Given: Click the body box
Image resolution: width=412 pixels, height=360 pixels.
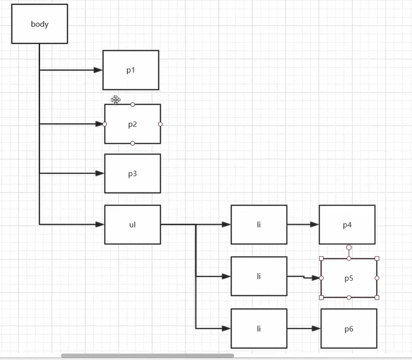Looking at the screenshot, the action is [x=40, y=24].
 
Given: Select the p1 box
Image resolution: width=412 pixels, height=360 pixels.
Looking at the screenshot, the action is [x=131, y=70].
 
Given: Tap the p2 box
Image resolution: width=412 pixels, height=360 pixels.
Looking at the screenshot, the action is [x=132, y=124].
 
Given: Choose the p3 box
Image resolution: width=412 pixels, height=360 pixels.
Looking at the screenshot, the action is [x=132, y=173].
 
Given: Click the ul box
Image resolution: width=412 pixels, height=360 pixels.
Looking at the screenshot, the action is [x=132, y=225].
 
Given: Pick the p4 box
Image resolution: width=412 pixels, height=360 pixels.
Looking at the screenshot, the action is [x=347, y=225].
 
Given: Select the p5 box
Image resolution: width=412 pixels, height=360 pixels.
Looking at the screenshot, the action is [x=349, y=278].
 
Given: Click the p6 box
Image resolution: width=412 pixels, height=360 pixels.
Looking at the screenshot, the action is [x=349, y=328].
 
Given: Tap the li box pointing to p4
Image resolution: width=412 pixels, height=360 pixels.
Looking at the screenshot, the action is [x=258, y=225].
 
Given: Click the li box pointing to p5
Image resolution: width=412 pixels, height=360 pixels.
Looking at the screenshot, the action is [x=258, y=276].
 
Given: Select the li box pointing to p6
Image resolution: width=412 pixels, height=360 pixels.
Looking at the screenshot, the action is [x=258, y=328].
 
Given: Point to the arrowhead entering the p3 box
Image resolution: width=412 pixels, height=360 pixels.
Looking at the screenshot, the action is [x=100, y=173].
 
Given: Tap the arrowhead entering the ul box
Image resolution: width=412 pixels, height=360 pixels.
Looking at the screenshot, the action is [x=100, y=225].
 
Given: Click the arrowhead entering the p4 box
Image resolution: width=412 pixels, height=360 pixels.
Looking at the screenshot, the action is [x=314, y=225].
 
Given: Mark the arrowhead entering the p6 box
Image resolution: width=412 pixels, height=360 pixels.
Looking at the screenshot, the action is [x=316, y=328].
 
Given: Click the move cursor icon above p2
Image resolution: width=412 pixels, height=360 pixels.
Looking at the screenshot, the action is [x=116, y=99].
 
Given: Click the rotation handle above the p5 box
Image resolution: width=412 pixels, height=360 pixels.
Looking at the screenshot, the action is [x=349, y=248].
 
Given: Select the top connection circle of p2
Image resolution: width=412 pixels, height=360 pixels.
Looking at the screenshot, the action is [x=133, y=104].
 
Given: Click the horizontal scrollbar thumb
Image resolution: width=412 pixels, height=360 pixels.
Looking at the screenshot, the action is [x=147, y=355].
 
